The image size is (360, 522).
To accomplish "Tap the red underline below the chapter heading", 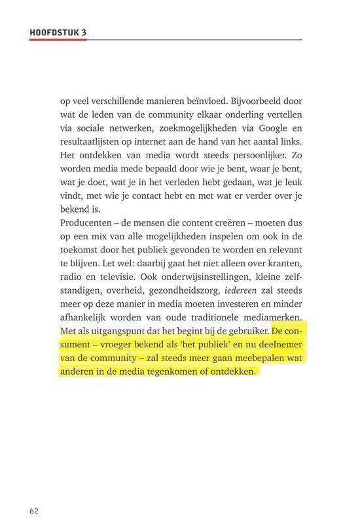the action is tap(58, 39).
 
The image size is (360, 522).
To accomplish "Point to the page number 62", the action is tap(35, 510).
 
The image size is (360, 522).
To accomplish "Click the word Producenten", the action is tap(84, 224).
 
